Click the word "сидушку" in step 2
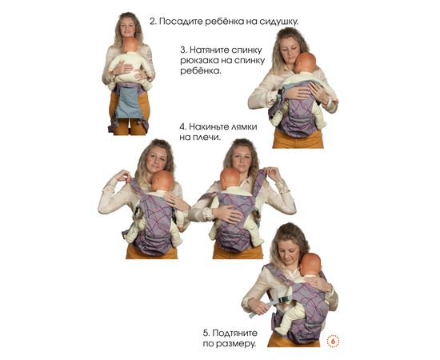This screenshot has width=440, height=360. (x=278, y=22)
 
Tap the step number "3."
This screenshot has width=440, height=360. (x=183, y=50)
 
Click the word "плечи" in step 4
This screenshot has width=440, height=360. (x=207, y=138)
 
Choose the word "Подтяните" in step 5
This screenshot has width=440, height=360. (x=234, y=333)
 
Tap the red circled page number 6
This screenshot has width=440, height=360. (x=333, y=342)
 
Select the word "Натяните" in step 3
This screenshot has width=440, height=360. (x=210, y=50)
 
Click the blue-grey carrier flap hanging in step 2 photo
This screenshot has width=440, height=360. (x=129, y=102)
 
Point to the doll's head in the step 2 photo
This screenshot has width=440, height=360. (x=130, y=45)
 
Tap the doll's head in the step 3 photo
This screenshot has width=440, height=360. (x=305, y=63)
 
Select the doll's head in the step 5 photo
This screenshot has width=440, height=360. (x=310, y=264)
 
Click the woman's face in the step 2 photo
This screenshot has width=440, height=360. (x=128, y=26)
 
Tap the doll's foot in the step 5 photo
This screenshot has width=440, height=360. (x=281, y=330)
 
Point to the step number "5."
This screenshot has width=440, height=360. (x=206, y=333)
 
